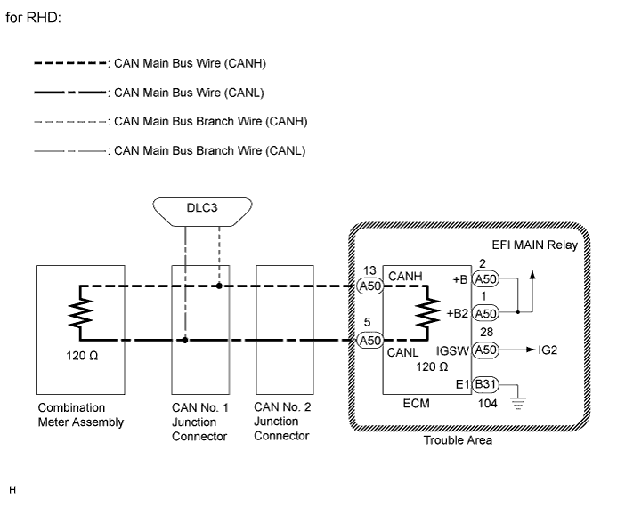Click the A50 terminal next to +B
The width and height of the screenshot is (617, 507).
tap(485, 278)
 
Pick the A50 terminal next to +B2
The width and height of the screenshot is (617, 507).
tap(485, 313)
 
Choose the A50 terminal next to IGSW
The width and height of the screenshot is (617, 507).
tap(485, 350)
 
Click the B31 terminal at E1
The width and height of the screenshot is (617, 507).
tap(485, 384)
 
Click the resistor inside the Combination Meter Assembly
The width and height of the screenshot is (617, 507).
tap(81, 313)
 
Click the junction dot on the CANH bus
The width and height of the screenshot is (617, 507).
tap(219, 286)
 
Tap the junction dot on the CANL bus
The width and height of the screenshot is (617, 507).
tap(184, 340)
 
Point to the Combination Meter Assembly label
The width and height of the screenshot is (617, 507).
tap(81, 415)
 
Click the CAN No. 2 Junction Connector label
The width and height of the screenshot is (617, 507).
tap(281, 422)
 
